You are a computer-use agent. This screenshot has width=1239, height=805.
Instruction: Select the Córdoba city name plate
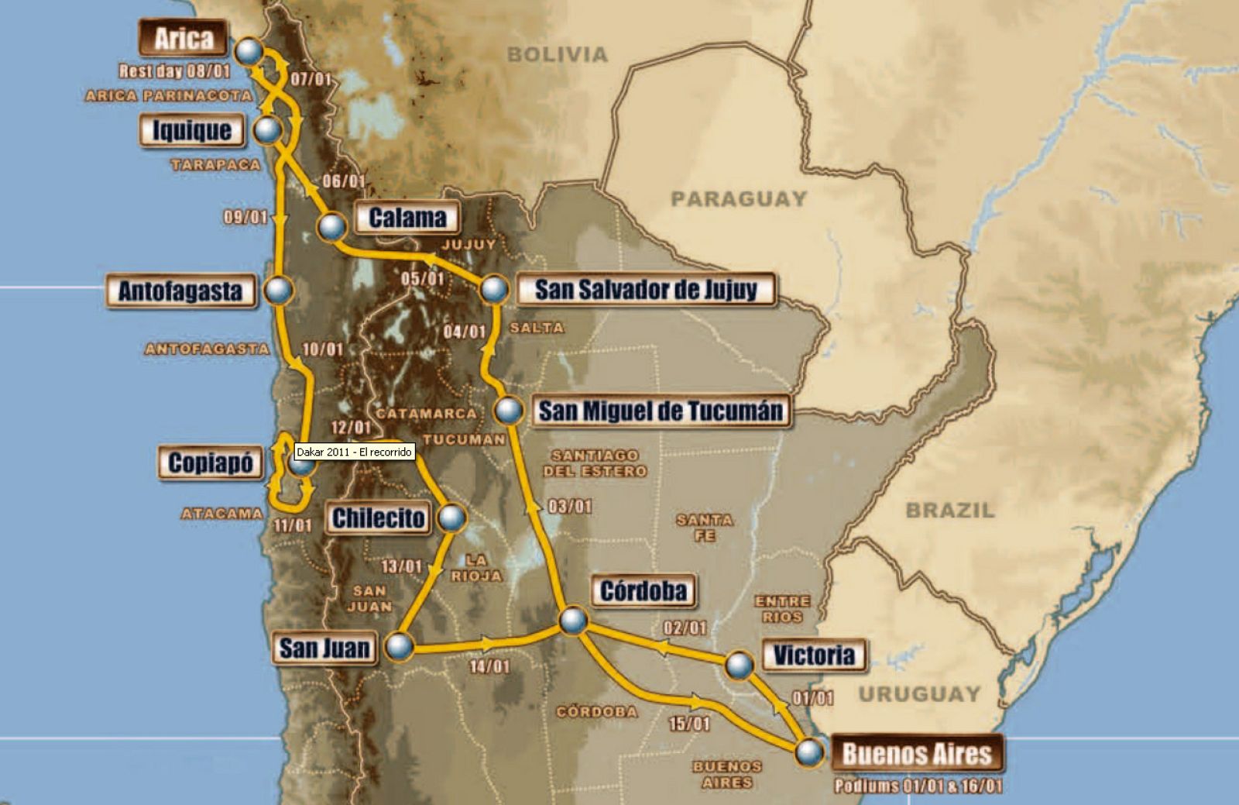point(643,591)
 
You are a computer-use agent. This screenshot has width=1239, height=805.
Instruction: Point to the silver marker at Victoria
point(739,665)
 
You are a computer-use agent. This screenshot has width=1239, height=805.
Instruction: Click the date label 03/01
point(570,507)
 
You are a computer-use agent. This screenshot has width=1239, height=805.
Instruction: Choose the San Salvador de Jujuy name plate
point(646,290)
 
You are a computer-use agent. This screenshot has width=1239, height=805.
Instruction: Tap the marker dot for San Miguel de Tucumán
point(509,411)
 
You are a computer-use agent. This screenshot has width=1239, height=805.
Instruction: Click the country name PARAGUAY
point(739,199)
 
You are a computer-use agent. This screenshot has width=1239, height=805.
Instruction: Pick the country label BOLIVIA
point(558,54)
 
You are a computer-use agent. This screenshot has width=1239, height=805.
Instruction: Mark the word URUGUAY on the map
point(919,693)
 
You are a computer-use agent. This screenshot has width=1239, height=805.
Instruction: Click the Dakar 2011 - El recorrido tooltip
point(354,452)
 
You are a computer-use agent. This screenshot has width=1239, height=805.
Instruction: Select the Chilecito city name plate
point(379,518)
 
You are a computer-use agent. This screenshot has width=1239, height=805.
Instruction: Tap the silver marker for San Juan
point(400,645)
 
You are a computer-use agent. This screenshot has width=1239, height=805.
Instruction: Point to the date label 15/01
point(689,724)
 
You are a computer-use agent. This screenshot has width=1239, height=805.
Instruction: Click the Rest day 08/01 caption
point(174,71)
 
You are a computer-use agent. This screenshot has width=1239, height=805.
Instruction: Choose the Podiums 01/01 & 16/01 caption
point(918,786)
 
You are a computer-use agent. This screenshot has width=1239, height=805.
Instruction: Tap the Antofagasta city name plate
point(180,291)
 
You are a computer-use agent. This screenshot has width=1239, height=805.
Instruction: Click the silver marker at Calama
point(331,226)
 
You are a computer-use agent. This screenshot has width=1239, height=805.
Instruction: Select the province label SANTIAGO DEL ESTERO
point(595,463)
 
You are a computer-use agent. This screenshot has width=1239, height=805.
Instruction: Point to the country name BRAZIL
point(950,510)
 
